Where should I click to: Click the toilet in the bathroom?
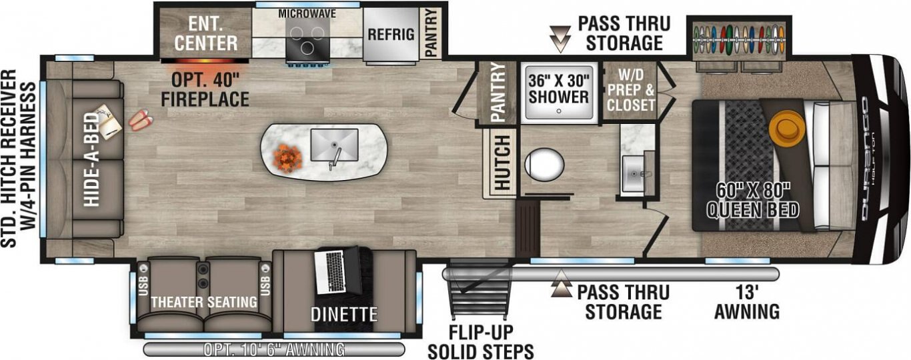pyautogui.click(x=544, y=164)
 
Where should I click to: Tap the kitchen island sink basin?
pyautogui.click(x=334, y=145)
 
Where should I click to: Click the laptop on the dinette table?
pyautogui.click(x=337, y=270)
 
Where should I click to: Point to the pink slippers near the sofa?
pyautogui.click(x=141, y=120)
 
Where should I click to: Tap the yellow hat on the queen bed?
pyautogui.click(x=788, y=126)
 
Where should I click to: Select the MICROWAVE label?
pyautogui.click(x=307, y=13)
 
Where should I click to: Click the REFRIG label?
pyautogui.click(x=391, y=35)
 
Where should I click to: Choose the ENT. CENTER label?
pyautogui.click(x=206, y=34)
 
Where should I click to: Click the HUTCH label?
pyautogui.click(x=502, y=163)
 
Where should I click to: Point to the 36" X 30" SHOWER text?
pyautogui.click(x=558, y=89)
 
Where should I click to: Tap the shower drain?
pyautogui.click(x=559, y=111)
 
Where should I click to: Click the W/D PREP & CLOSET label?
pyautogui.click(x=631, y=90)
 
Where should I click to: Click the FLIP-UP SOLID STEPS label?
pyautogui.click(x=481, y=342)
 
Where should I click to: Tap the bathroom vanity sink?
pyautogui.click(x=634, y=173)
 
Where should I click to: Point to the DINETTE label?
pyautogui.click(x=344, y=315)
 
